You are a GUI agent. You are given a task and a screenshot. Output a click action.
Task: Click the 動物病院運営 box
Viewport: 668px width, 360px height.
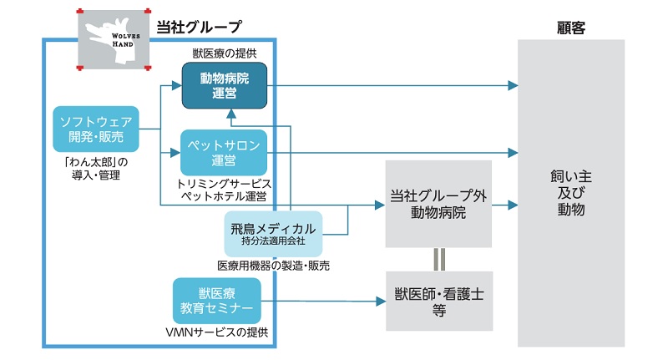225,85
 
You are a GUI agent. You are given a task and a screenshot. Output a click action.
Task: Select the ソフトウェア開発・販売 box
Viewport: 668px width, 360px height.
96,128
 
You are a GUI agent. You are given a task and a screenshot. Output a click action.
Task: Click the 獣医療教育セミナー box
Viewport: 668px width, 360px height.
217,302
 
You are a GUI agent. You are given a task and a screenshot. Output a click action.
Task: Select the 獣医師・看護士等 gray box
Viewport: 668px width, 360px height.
438,301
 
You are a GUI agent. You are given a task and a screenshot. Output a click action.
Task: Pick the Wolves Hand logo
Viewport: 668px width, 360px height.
112,41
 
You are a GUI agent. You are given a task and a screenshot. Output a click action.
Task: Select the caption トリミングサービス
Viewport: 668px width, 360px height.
225,183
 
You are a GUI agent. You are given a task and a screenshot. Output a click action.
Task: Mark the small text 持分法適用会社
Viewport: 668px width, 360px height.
273,241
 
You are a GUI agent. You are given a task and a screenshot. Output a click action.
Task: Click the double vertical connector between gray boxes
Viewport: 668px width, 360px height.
438,259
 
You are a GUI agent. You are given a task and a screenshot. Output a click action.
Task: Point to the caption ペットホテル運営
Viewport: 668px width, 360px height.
225,196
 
